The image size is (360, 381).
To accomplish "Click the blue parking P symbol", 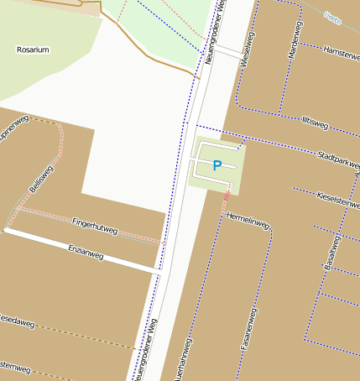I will (217, 165).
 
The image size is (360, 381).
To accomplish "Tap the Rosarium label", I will (33, 50).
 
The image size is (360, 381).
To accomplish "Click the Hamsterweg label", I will (341, 52).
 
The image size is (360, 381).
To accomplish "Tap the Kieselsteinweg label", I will (338, 200).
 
